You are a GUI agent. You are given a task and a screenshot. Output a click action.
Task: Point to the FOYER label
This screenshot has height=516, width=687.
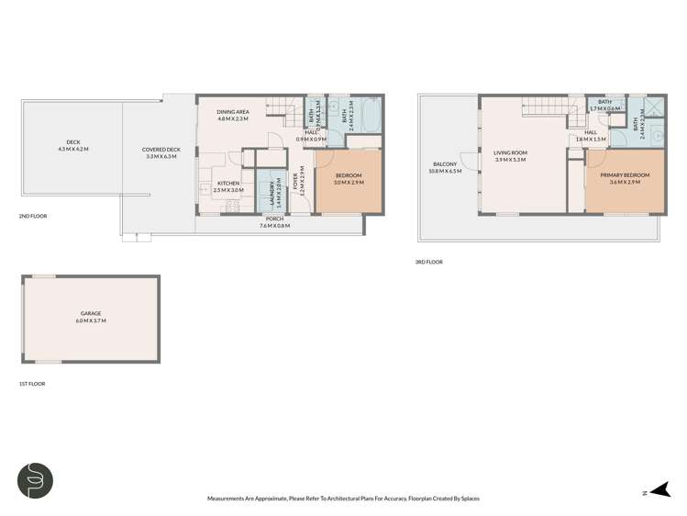pos(296,187)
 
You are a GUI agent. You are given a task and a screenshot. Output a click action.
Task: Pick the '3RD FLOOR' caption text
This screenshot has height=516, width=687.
pos(428,262)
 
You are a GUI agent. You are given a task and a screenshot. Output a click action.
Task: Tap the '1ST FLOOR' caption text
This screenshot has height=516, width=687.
pos(31,384)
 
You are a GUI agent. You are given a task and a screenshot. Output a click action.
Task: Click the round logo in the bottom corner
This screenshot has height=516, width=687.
pos(35,480)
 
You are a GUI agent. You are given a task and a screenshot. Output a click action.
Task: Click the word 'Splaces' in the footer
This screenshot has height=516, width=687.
pos(468,499)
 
